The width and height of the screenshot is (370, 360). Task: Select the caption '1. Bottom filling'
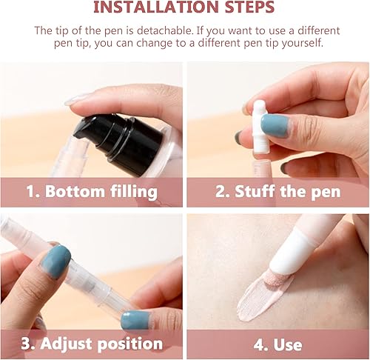pyautogui.click(x=92, y=192)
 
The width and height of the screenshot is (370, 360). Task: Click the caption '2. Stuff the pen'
pyautogui.click(x=277, y=192)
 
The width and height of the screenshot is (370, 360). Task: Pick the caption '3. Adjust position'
pyautogui.click(x=92, y=344)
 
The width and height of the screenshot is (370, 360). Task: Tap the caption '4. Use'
pyautogui.click(x=277, y=344)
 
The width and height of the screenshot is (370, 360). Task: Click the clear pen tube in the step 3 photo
pyautogui.click(x=89, y=278)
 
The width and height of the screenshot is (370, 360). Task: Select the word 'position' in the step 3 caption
pyautogui.click(x=129, y=344)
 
